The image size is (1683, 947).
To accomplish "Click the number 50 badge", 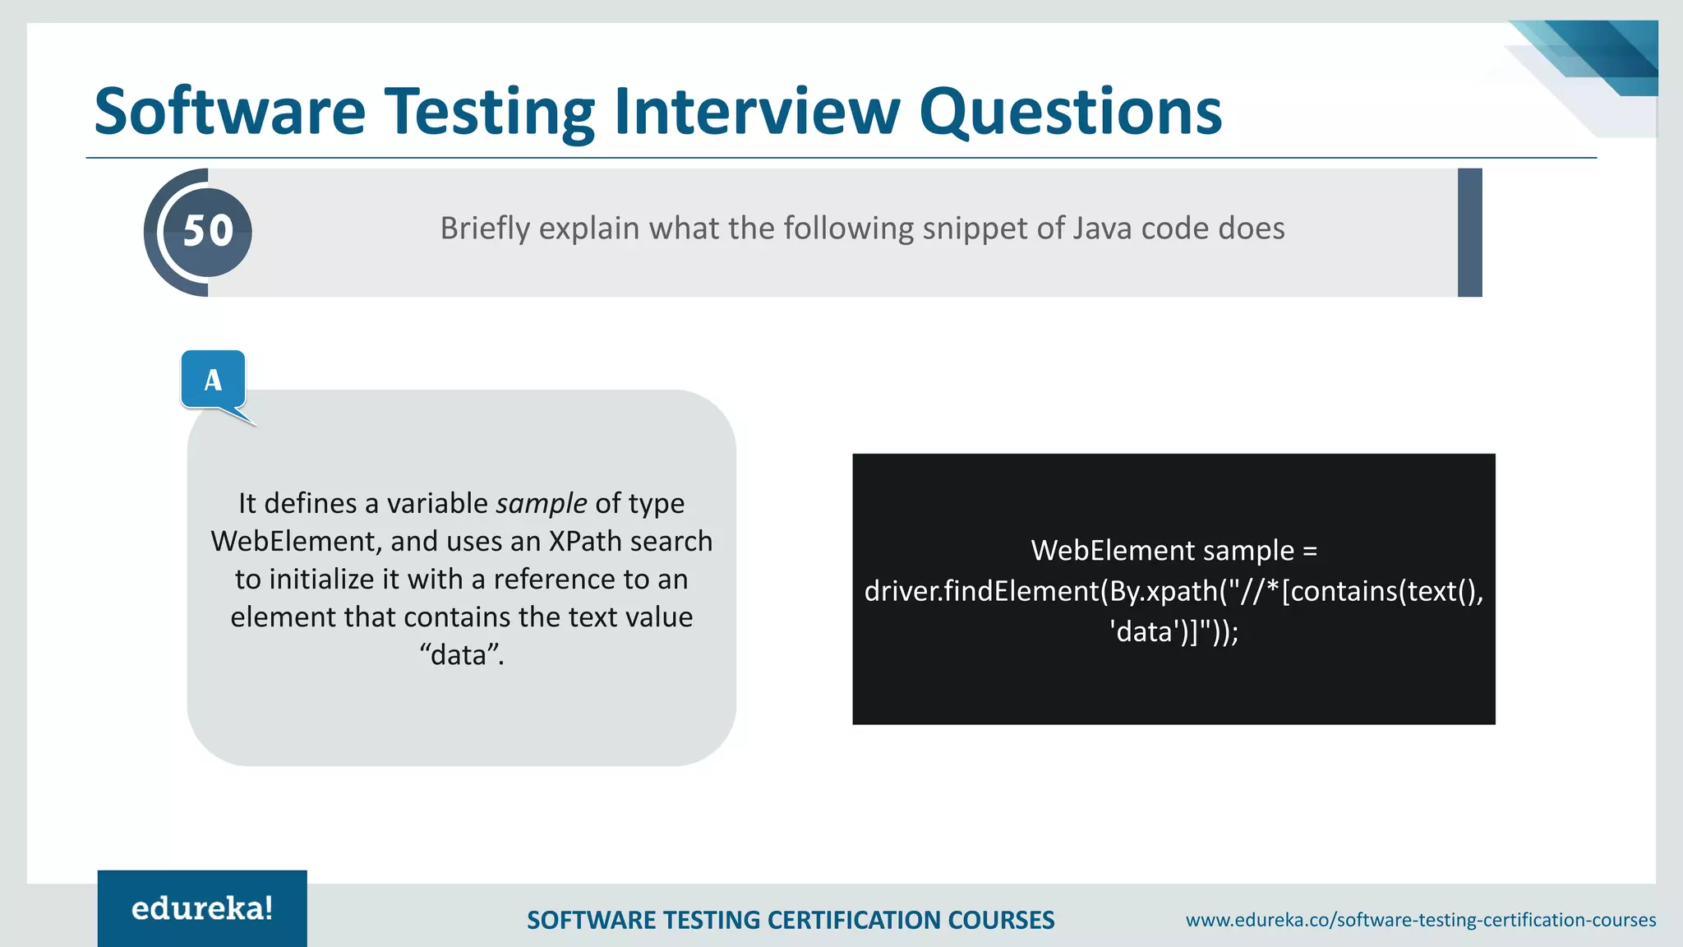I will tap(208, 231).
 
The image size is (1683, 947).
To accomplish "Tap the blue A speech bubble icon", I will tap(214, 380).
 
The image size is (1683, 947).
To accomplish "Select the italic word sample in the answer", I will tap(541, 503).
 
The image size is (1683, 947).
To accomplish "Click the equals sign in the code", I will tap(1310, 550).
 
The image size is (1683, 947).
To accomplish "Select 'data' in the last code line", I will tap(1143, 631).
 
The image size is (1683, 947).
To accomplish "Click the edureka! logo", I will tap(202, 908).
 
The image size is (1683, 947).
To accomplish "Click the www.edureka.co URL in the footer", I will tap(1420, 920).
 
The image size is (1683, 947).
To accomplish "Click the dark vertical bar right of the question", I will tap(1469, 233).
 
